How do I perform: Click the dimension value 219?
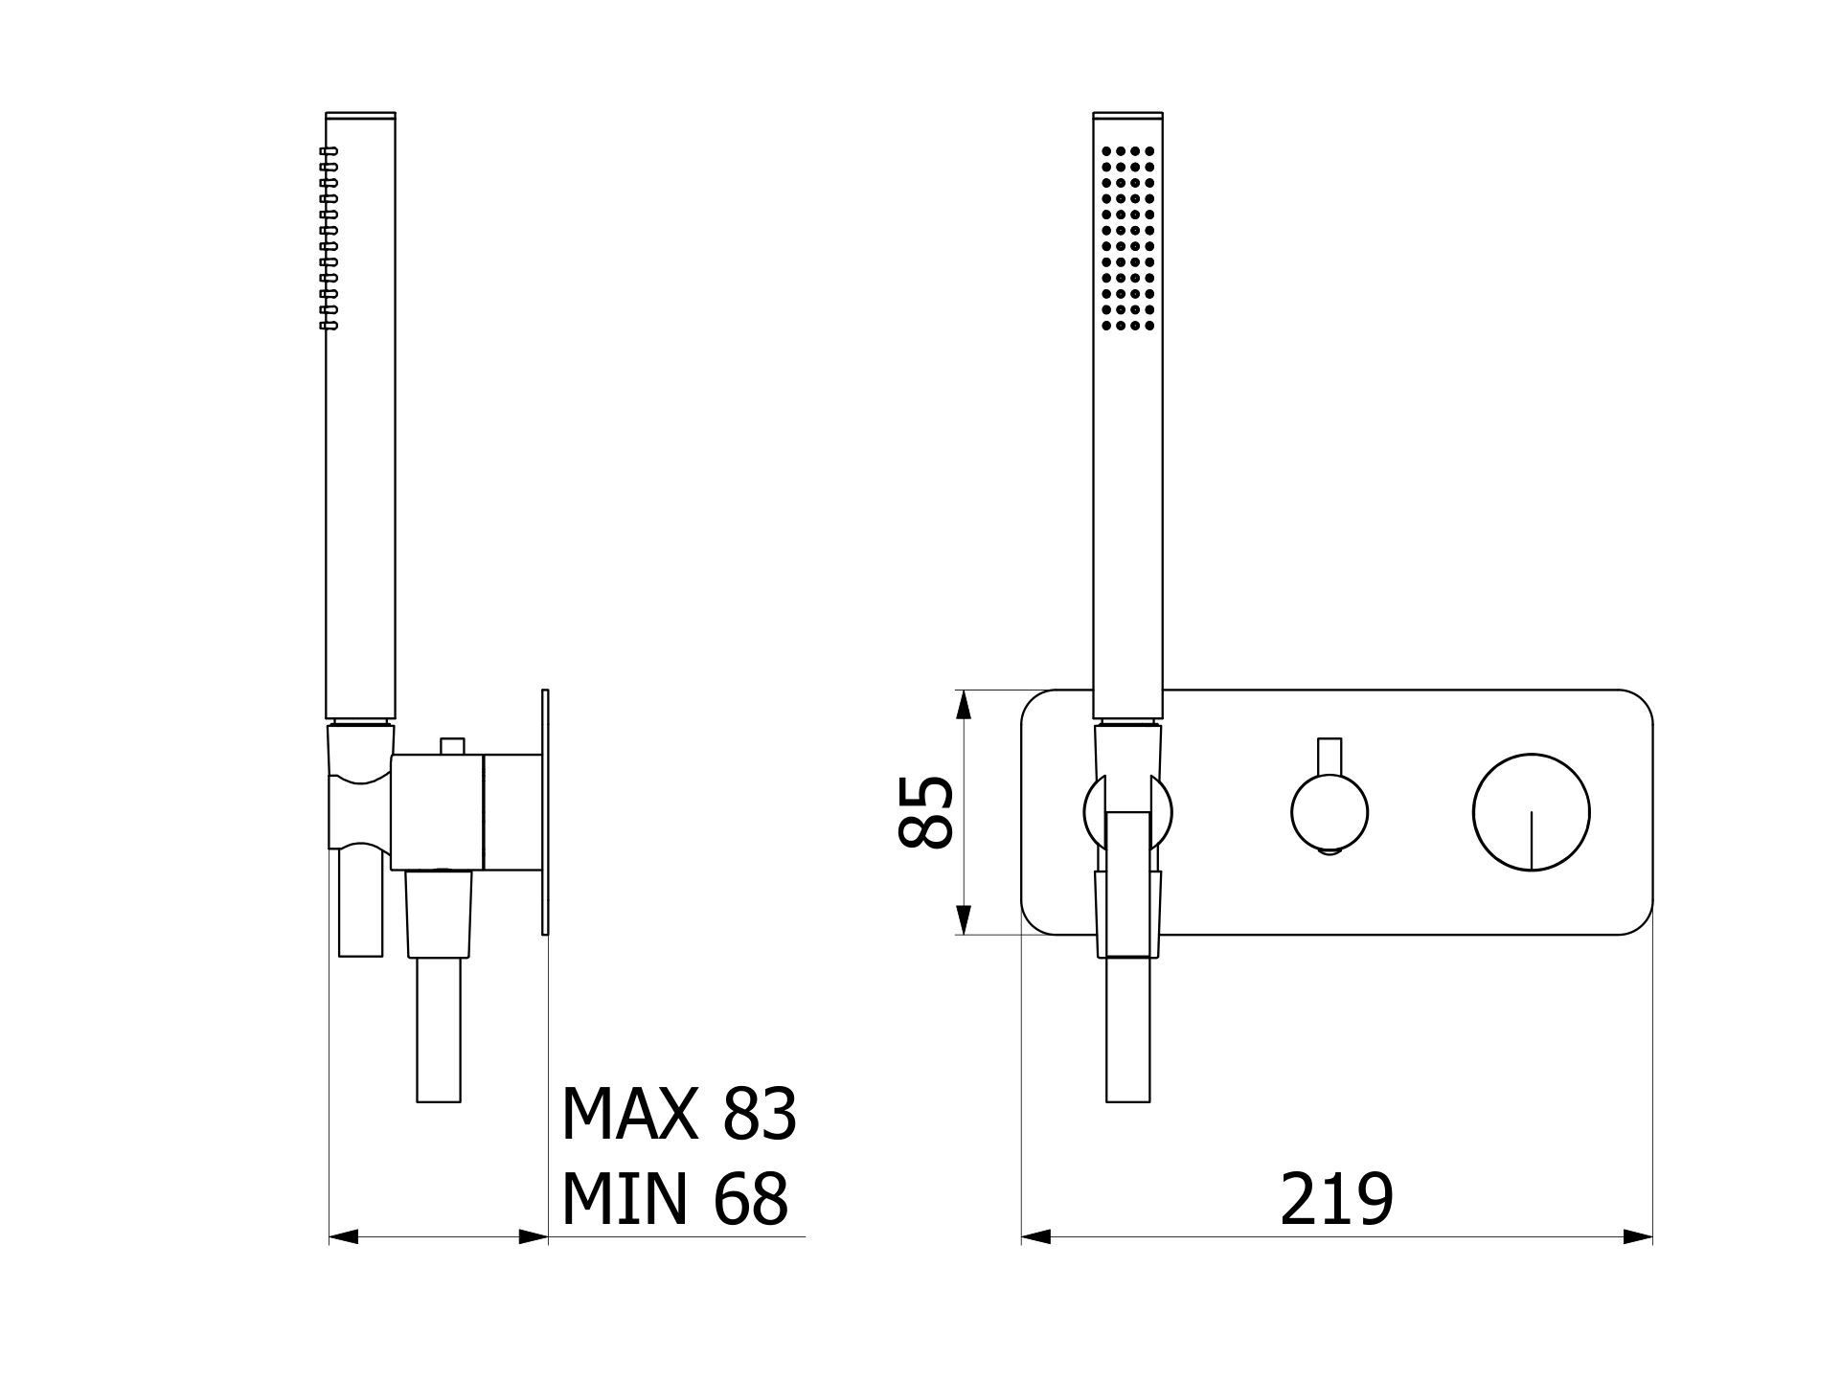point(1336,1199)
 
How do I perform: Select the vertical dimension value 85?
point(926,812)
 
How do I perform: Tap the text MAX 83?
point(678,1114)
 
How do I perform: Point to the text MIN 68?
point(674,1198)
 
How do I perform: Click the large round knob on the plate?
point(1532,812)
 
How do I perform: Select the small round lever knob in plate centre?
point(1330,813)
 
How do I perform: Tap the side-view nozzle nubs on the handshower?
point(329,238)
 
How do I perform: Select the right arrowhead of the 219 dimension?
point(1638,1236)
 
